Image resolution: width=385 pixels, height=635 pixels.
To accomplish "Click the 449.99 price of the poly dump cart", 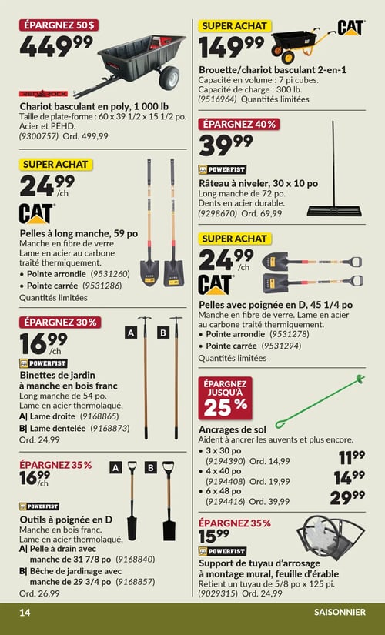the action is [x=56, y=46].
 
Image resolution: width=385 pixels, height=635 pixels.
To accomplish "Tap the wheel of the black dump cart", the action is [x=169, y=77].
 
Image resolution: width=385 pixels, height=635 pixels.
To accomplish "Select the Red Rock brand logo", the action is [x=43, y=94].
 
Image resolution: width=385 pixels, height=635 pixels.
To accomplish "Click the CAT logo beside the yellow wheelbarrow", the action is [x=351, y=28].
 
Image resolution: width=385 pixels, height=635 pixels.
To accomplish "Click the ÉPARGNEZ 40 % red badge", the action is [x=239, y=125].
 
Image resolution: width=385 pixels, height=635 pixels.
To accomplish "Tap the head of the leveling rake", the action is [x=334, y=211].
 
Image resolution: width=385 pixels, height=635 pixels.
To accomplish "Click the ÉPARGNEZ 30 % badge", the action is [x=60, y=323].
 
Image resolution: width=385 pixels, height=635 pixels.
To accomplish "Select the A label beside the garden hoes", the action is [x=131, y=333].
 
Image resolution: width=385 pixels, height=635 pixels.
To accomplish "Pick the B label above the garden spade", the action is [x=151, y=468].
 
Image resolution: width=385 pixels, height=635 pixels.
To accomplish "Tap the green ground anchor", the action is [x=320, y=402].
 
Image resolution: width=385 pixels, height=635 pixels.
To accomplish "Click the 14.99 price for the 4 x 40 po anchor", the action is [x=350, y=478].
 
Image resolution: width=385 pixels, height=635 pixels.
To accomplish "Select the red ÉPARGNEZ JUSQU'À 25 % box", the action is [x=225, y=398].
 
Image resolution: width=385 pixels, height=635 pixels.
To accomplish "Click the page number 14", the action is [x=25, y=612].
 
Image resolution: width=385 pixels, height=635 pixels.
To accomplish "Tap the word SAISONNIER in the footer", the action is [x=340, y=612].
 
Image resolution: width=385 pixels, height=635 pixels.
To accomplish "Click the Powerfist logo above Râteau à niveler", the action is [x=222, y=169].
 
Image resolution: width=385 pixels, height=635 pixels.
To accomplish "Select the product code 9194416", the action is [x=226, y=501].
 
